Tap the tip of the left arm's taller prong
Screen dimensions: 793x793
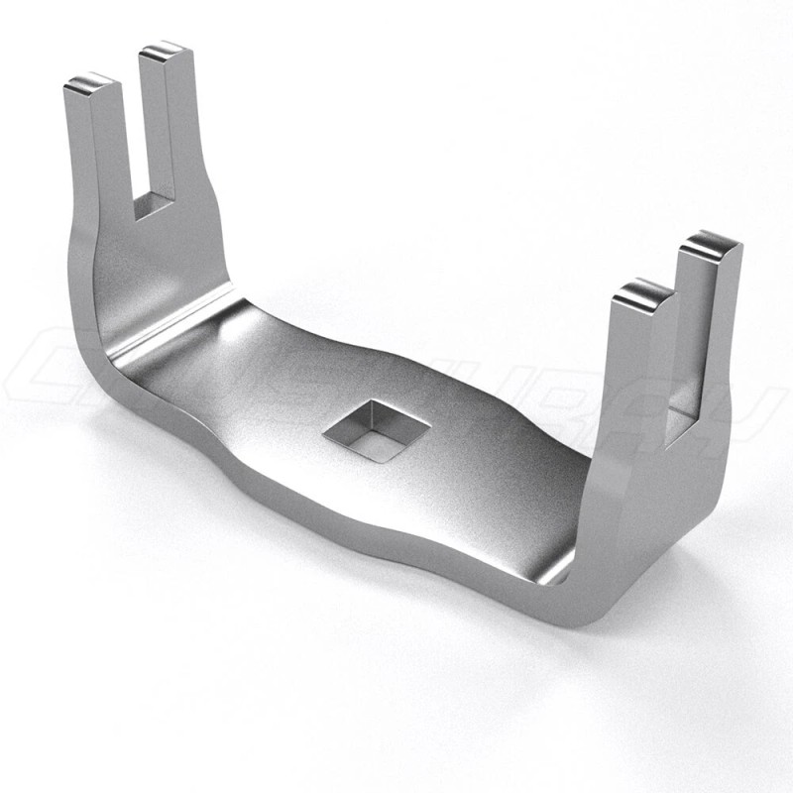pyautogui.click(x=162, y=53)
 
